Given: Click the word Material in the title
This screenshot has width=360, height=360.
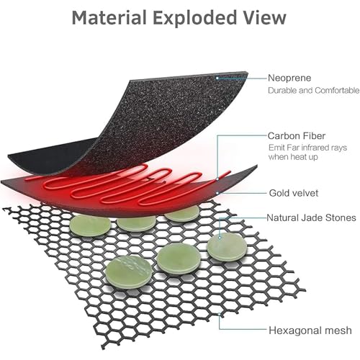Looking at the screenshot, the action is click(x=109, y=17).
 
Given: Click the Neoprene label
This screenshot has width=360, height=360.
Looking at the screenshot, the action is click(x=289, y=78).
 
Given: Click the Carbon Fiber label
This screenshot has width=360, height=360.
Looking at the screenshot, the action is click(x=297, y=136).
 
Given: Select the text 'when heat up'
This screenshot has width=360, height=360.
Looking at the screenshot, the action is click(x=293, y=157).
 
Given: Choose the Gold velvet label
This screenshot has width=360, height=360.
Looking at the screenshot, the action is click(x=294, y=193).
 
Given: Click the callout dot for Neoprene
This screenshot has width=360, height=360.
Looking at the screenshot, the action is click(x=217, y=78).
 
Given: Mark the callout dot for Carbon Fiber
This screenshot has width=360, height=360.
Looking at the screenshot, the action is click(x=217, y=179).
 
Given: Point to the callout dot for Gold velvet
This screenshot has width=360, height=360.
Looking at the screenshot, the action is click(x=217, y=193).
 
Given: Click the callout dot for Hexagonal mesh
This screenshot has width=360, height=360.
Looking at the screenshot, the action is click(x=219, y=314).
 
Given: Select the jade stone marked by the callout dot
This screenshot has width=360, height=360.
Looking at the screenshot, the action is click(x=227, y=247).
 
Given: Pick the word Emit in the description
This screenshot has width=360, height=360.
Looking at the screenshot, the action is click(x=275, y=148).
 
